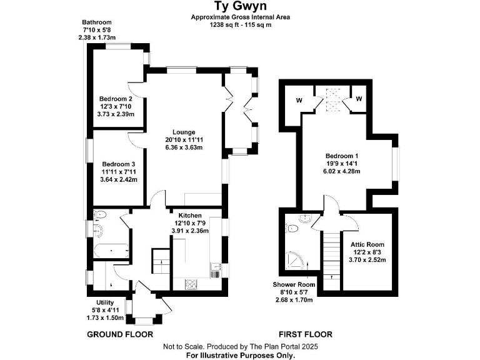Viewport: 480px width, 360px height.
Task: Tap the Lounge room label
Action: pos(180,132)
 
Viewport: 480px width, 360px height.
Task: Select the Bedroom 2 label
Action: pos(116,99)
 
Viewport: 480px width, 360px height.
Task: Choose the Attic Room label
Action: pos(367,244)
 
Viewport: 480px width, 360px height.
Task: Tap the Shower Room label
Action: pos(293,284)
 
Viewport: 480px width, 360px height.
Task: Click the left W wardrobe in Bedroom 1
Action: pos(299,99)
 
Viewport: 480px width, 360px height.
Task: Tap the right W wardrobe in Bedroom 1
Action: pos(360,98)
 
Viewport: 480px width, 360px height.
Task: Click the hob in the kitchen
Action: pos(191,284)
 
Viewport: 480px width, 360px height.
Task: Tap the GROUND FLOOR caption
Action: pos(119,334)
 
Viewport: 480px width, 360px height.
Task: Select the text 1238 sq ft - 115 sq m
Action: pos(240,24)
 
